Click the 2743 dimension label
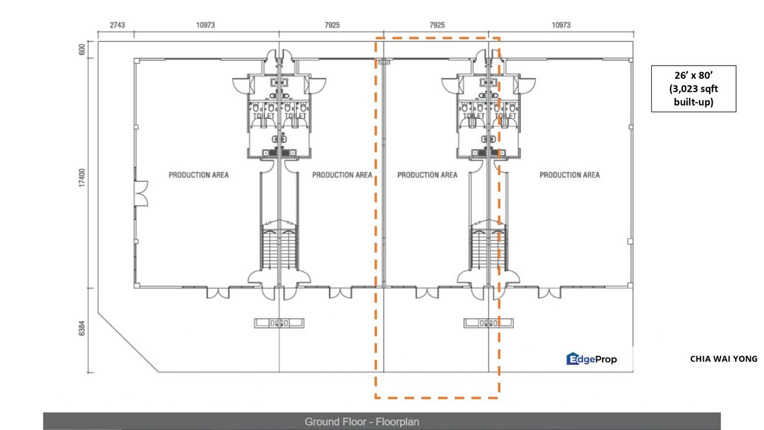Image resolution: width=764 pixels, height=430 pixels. pos(117,25)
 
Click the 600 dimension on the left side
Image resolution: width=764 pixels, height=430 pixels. pos(82,50)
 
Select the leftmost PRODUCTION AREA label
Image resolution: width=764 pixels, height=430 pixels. pos(198,175)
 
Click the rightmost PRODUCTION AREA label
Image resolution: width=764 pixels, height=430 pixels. pos(569,175)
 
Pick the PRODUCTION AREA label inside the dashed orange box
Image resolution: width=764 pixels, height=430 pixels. pos(427,175)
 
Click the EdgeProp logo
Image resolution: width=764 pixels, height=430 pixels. pos(592,359)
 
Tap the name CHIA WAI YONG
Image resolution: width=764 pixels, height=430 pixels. pos(723,359)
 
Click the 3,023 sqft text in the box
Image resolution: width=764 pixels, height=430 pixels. pos(693,89)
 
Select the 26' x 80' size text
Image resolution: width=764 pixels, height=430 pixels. pos(693,76)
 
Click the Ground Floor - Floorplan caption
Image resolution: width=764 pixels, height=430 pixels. pos(362,422)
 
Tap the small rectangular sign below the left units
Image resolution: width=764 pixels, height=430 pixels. pos(279,323)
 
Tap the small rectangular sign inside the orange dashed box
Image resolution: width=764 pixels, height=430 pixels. pos(488,323)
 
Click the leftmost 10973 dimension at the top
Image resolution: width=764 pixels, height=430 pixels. pos(205,25)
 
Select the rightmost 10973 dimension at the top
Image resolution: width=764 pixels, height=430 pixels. pos(561,25)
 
